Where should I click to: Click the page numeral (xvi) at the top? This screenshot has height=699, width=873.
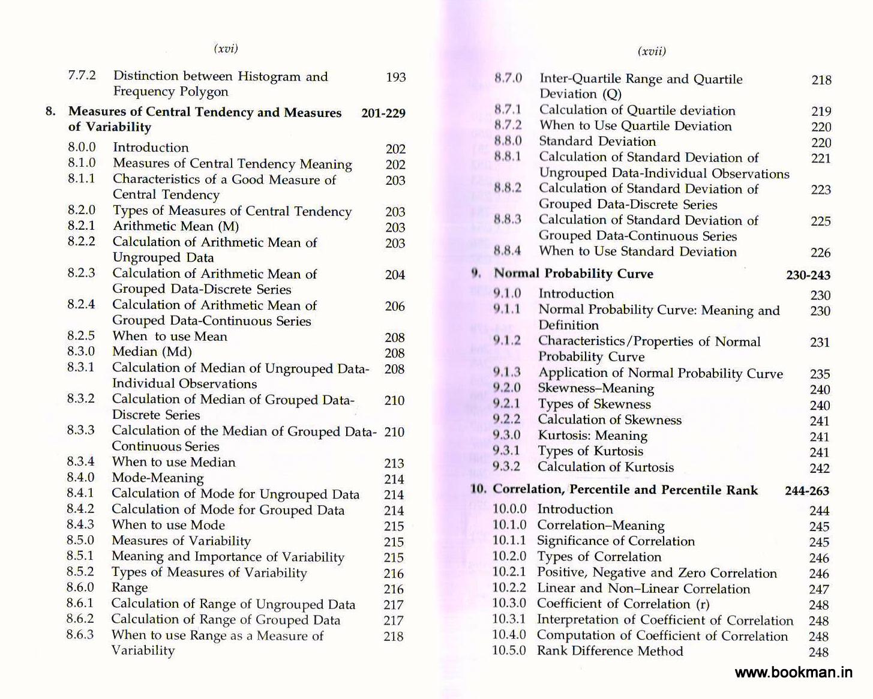[x=226, y=49]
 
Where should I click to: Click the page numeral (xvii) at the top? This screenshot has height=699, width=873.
[x=652, y=51]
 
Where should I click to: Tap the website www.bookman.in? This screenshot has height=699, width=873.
[x=793, y=672]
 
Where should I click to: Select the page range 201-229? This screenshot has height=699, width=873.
[x=383, y=113]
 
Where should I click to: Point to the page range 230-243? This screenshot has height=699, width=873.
[x=808, y=275]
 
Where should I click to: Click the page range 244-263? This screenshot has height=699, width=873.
[x=806, y=491]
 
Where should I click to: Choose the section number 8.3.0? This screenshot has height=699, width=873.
[x=81, y=351]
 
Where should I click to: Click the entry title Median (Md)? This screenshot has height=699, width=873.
[x=152, y=352]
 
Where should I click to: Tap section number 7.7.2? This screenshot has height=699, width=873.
[x=82, y=75]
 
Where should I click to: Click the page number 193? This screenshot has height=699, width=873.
[x=395, y=77]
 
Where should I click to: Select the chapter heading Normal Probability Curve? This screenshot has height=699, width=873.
[x=573, y=274]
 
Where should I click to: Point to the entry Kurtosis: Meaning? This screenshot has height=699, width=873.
[x=592, y=436]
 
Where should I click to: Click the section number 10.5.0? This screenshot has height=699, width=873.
[x=509, y=650]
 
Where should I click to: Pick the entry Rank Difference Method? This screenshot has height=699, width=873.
[x=610, y=651]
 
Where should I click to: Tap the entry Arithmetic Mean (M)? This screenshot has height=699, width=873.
[x=176, y=226]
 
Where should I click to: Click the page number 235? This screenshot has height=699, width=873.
[x=820, y=374]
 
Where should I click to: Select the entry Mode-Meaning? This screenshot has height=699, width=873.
[x=157, y=478]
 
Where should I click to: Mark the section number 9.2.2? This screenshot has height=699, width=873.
[x=506, y=419]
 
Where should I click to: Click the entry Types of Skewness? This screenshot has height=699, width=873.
[x=594, y=404]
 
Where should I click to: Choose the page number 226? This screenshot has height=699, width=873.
[x=820, y=253]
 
